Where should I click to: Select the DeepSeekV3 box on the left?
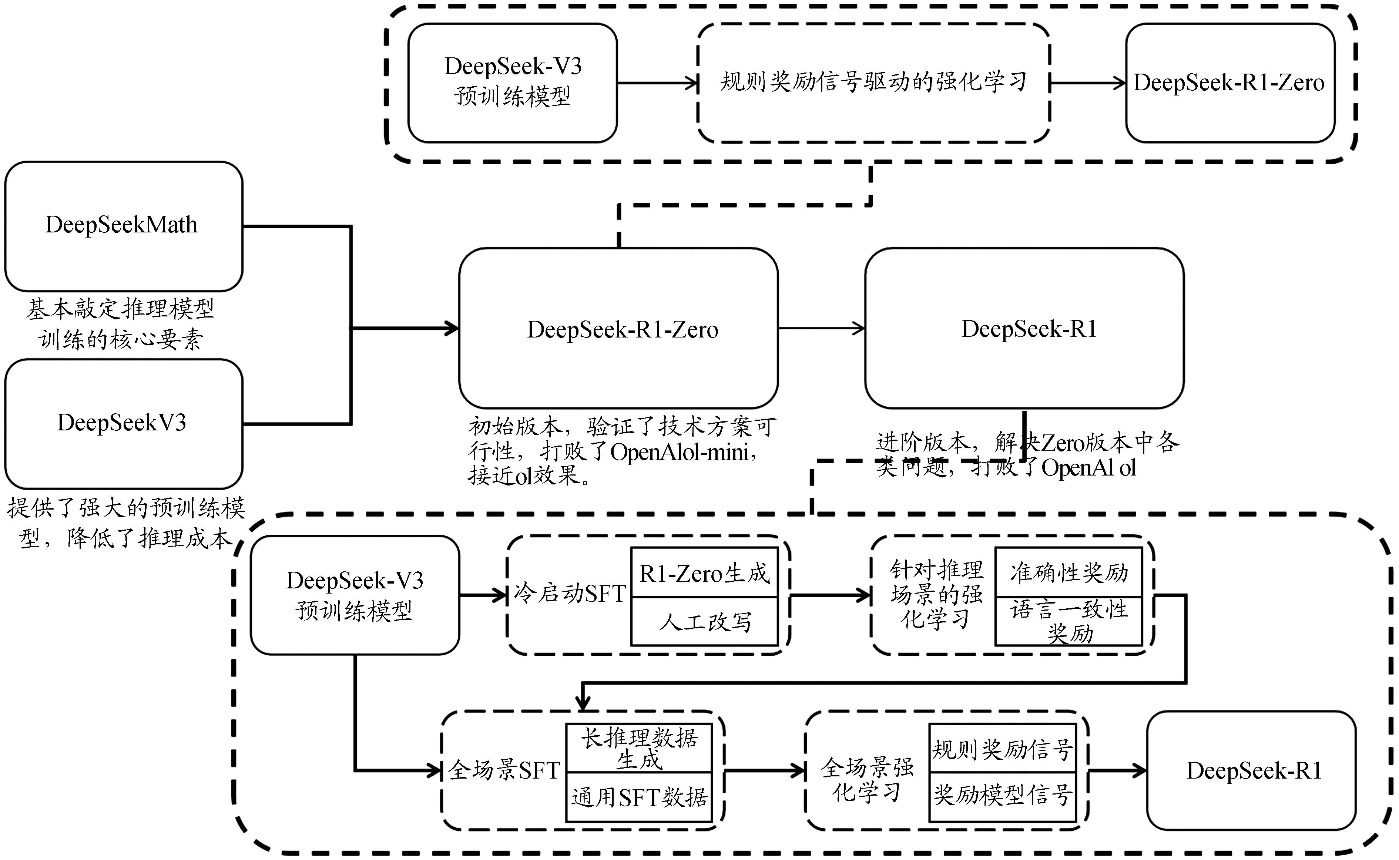pos(123,423)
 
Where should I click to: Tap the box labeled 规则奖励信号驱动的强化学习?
pos(873,83)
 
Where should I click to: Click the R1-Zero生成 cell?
pos(704,573)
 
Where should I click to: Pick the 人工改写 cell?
pos(704,621)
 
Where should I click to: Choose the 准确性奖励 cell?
pos(1068,572)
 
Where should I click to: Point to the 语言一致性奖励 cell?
pos(1068,621)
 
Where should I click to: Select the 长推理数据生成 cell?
pos(639,748)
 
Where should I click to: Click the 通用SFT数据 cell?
pos(639,797)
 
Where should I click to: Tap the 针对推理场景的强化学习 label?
pos(936,594)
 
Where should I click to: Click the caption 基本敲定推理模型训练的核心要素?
pos(121,324)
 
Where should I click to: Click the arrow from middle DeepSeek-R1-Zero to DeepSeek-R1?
pos(821,328)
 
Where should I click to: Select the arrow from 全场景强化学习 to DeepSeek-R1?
pos(1116,771)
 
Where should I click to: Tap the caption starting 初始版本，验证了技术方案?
pos(620,451)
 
